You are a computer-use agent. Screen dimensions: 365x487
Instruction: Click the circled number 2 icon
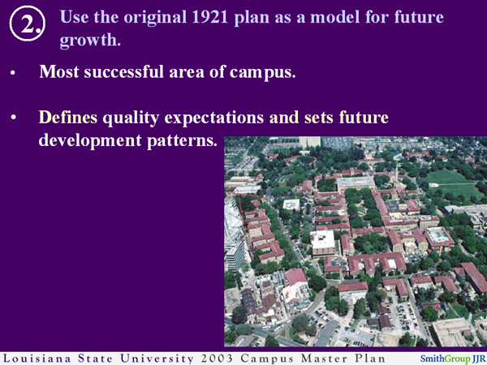coord(27,25)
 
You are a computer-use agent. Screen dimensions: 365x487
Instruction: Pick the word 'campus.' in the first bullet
coord(263,71)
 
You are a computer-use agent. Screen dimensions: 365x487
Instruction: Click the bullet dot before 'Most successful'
coord(13,73)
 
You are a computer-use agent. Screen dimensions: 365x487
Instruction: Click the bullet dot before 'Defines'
coord(13,119)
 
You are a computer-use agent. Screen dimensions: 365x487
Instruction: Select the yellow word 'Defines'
coord(67,118)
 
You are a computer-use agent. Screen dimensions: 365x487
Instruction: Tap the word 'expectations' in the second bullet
coord(218,118)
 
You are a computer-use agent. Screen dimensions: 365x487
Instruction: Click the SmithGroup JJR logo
coord(450,357)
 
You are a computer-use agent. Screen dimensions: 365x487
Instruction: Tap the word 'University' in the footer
coord(162,357)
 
